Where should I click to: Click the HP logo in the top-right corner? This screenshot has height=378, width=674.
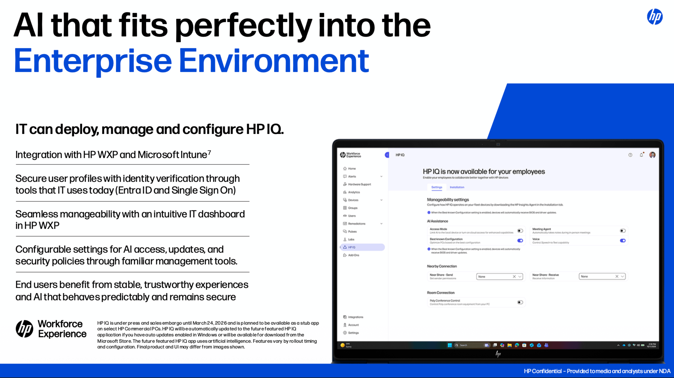coord(655,17)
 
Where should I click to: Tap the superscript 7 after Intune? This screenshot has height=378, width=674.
coord(209,152)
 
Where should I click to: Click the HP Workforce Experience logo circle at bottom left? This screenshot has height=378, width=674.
coord(25,329)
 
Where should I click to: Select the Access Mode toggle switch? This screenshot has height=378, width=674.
coord(520,231)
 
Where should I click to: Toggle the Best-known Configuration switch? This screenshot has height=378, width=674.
coord(520,241)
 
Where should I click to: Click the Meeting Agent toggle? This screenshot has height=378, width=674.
coord(622,231)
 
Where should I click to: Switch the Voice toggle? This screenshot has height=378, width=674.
coord(622,241)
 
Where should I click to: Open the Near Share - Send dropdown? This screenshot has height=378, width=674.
coord(499,277)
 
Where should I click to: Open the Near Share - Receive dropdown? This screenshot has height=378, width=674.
coord(602,277)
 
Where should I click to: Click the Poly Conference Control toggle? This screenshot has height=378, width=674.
coord(520,302)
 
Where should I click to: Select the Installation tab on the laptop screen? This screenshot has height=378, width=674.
coord(457,187)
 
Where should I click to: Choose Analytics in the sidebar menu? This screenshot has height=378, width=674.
coord(354,192)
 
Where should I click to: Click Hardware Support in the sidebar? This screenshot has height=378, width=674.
coord(359,184)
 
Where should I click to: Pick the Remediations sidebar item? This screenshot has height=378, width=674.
coord(357,224)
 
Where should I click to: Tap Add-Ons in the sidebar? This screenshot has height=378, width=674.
coord(353,255)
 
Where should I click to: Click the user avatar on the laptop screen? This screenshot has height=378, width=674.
coord(652,155)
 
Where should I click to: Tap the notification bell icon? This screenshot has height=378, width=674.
coord(641,155)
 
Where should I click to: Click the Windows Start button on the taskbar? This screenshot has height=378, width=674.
coord(449,345)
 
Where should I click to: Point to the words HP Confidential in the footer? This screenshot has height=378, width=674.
coord(543,371)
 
